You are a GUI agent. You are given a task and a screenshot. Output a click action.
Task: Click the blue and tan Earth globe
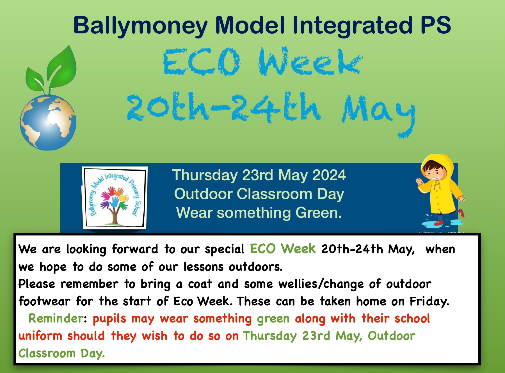[x=48, y=122]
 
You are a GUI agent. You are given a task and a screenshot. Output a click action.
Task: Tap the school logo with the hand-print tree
[x=115, y=198]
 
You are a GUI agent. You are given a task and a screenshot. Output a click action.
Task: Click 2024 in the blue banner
[x=329, y=175]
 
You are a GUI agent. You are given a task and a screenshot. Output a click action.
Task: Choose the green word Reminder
[x=56, y=319]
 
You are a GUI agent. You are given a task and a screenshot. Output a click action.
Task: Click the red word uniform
[x=40, y=336]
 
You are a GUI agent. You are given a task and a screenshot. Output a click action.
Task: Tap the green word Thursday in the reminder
[x=270, y=336]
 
